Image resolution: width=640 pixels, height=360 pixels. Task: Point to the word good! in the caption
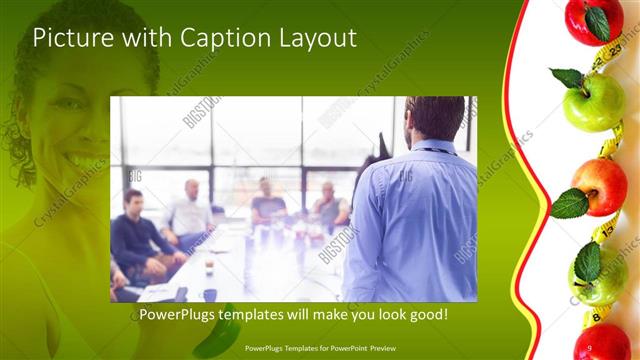(x=427, y=315)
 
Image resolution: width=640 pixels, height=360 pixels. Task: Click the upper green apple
(x=594, y=101)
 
